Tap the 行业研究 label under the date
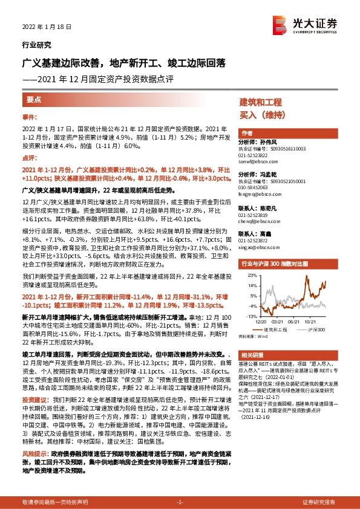36,45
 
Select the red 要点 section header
34,99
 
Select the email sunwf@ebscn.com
257,163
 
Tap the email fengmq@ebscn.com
257,195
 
